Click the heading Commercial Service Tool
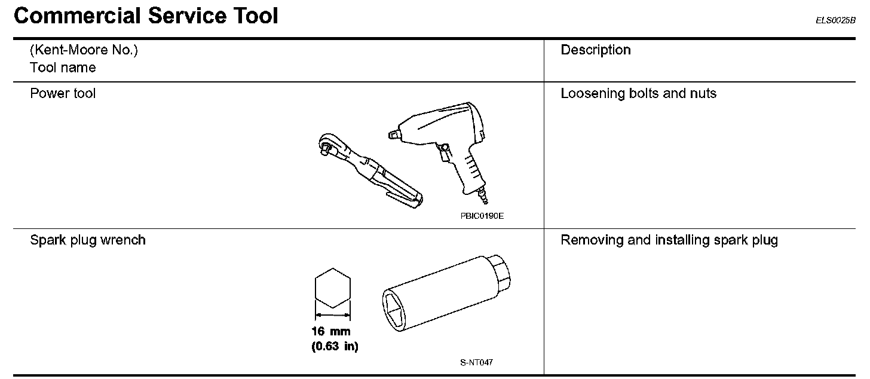coord(146,16)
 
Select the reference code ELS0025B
coord(835,20)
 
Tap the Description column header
coord(595,50)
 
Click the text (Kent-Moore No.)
coord(84,50)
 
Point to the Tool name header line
coord(63,68)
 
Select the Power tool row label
coord(63,93)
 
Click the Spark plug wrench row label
coord(88,240)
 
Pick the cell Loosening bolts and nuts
coord(639,93)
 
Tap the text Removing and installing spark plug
coord(669,240)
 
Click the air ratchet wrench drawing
coord(369,170)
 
